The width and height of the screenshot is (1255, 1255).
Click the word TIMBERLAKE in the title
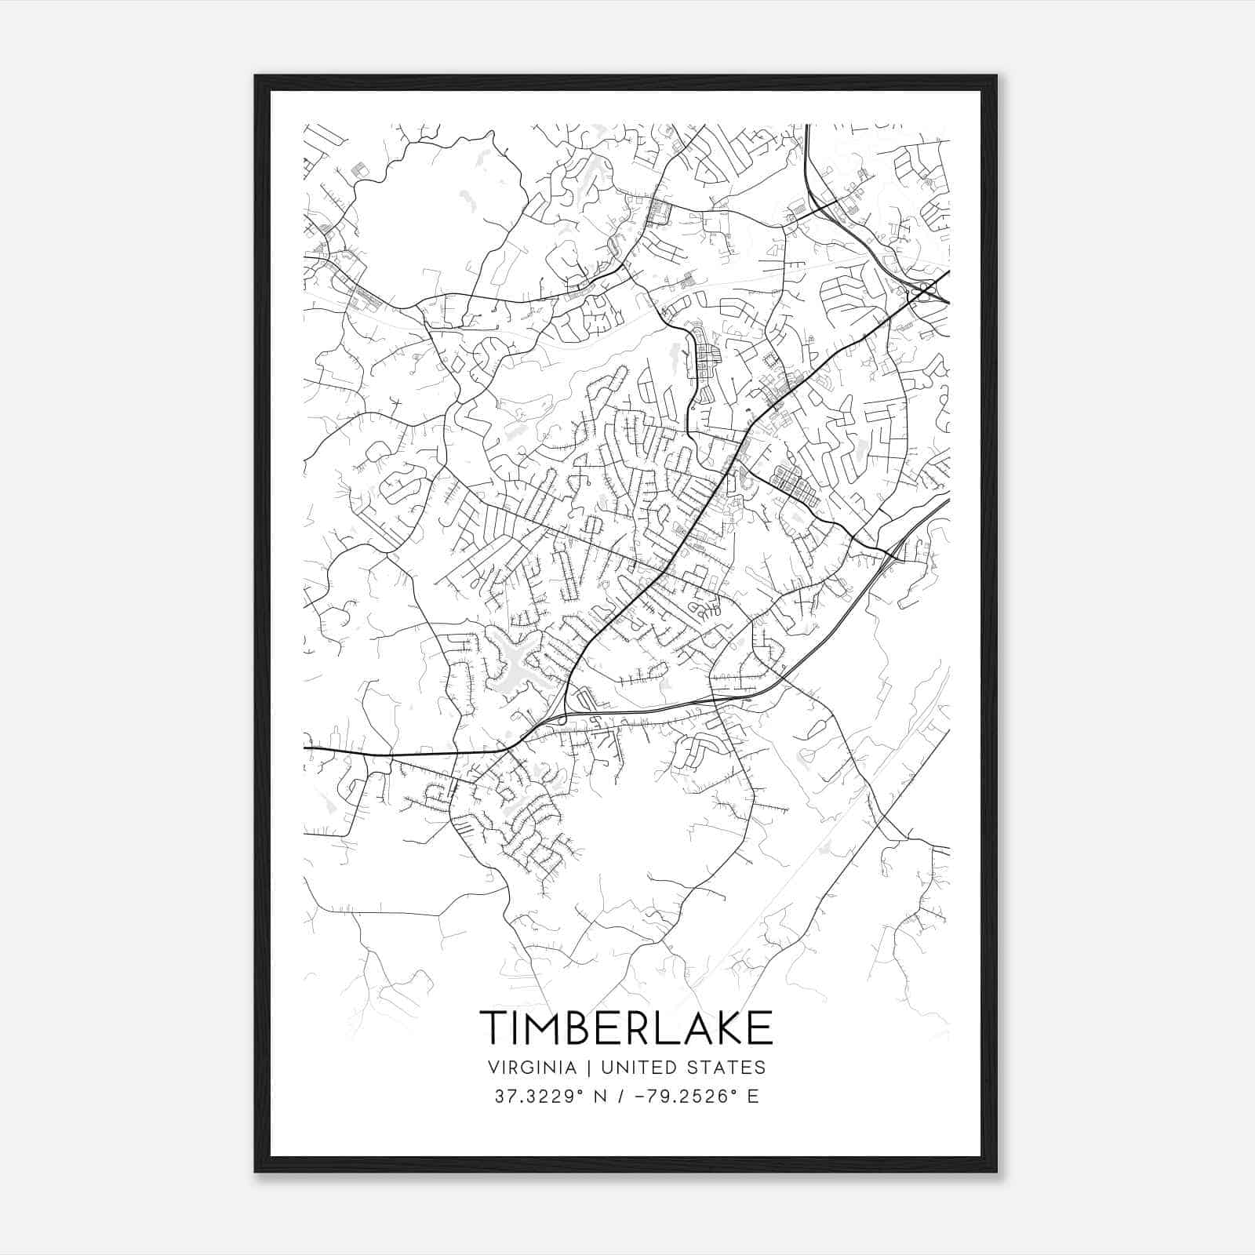[626, 1028]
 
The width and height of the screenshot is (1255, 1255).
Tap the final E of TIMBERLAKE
[759, 1028]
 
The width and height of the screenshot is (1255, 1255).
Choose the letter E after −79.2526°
[753, 1097]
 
